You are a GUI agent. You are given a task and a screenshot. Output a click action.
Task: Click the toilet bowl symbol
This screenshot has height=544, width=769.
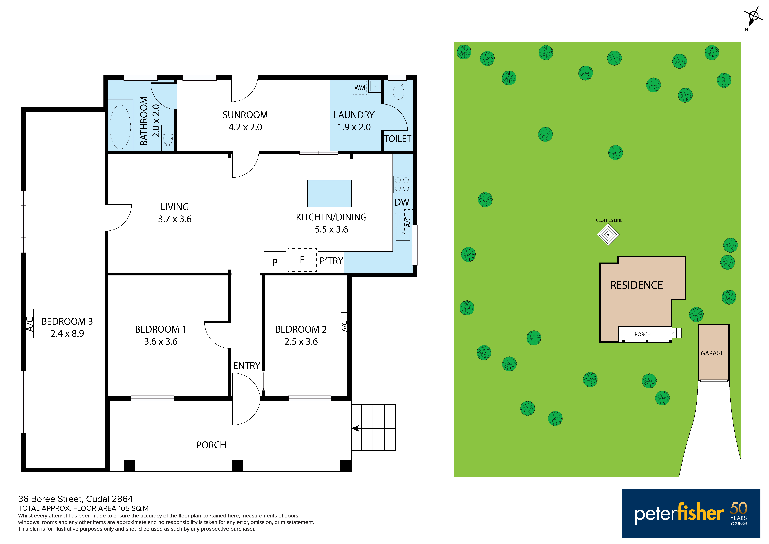[398, 90]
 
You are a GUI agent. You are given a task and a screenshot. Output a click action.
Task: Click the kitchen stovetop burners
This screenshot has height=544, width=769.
[402, 184]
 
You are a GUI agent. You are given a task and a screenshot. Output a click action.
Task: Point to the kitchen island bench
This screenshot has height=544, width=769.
[329, 193]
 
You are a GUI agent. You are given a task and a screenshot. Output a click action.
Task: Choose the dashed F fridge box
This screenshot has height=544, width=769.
[302, 260]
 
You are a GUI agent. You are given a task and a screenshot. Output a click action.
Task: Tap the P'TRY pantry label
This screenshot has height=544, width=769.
[331, 261]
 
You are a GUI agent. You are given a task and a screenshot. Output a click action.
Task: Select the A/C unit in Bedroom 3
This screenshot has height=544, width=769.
[29, 323]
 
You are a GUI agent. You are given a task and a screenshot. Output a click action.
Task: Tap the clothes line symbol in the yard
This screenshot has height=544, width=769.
[608, 235]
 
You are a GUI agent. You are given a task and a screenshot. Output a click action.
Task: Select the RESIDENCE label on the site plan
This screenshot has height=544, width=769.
[636, 285]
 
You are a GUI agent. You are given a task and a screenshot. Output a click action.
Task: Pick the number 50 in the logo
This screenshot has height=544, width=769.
[739, 508]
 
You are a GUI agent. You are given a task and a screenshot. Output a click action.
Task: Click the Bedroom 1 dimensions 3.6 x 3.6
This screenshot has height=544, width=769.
[161, 342]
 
